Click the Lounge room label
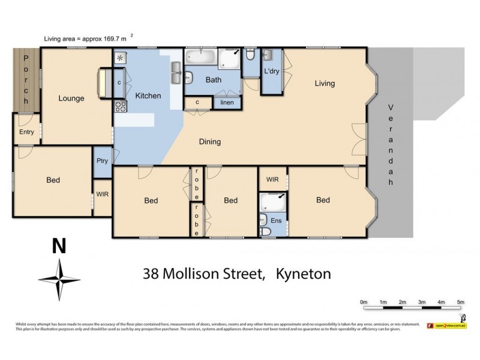(71, 98)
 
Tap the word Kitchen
(148, 95)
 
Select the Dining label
(210, 142)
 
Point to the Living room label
(325, 83)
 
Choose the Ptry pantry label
(102, 161)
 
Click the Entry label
(26, 132)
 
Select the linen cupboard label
(227, 103)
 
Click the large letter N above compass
(59, 247)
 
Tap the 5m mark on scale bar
(460, 302)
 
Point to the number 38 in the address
(151, 274)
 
